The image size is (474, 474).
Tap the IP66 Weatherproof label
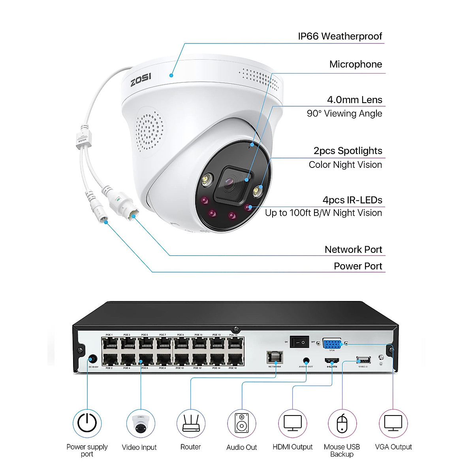340,36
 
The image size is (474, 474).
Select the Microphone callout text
355,64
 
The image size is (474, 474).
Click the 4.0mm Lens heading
354,100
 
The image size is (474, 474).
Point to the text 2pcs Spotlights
348,151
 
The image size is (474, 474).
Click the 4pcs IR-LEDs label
352,200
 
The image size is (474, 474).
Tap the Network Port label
353,250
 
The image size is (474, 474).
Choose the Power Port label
358,266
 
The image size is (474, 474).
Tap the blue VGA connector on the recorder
332,344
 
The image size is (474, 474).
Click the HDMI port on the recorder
332,361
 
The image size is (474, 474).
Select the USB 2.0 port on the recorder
363,360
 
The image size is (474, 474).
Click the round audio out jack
306,361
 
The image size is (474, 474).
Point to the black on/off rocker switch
299,342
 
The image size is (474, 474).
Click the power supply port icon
87,423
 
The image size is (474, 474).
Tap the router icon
191,423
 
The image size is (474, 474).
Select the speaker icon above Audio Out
241,423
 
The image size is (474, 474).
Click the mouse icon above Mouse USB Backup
342,423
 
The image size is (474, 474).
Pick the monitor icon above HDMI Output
293,423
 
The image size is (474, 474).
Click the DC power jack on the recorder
93,359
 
